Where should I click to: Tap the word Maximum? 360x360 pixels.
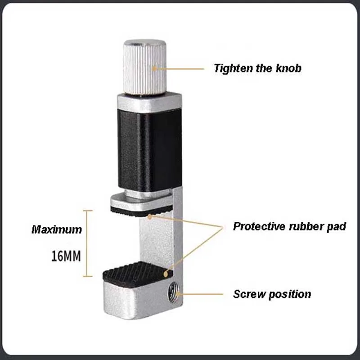point(57,229)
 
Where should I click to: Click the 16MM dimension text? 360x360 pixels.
point(66,256)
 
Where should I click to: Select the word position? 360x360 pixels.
point(290,295)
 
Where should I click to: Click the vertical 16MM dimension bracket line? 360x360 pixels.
point(89,243)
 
